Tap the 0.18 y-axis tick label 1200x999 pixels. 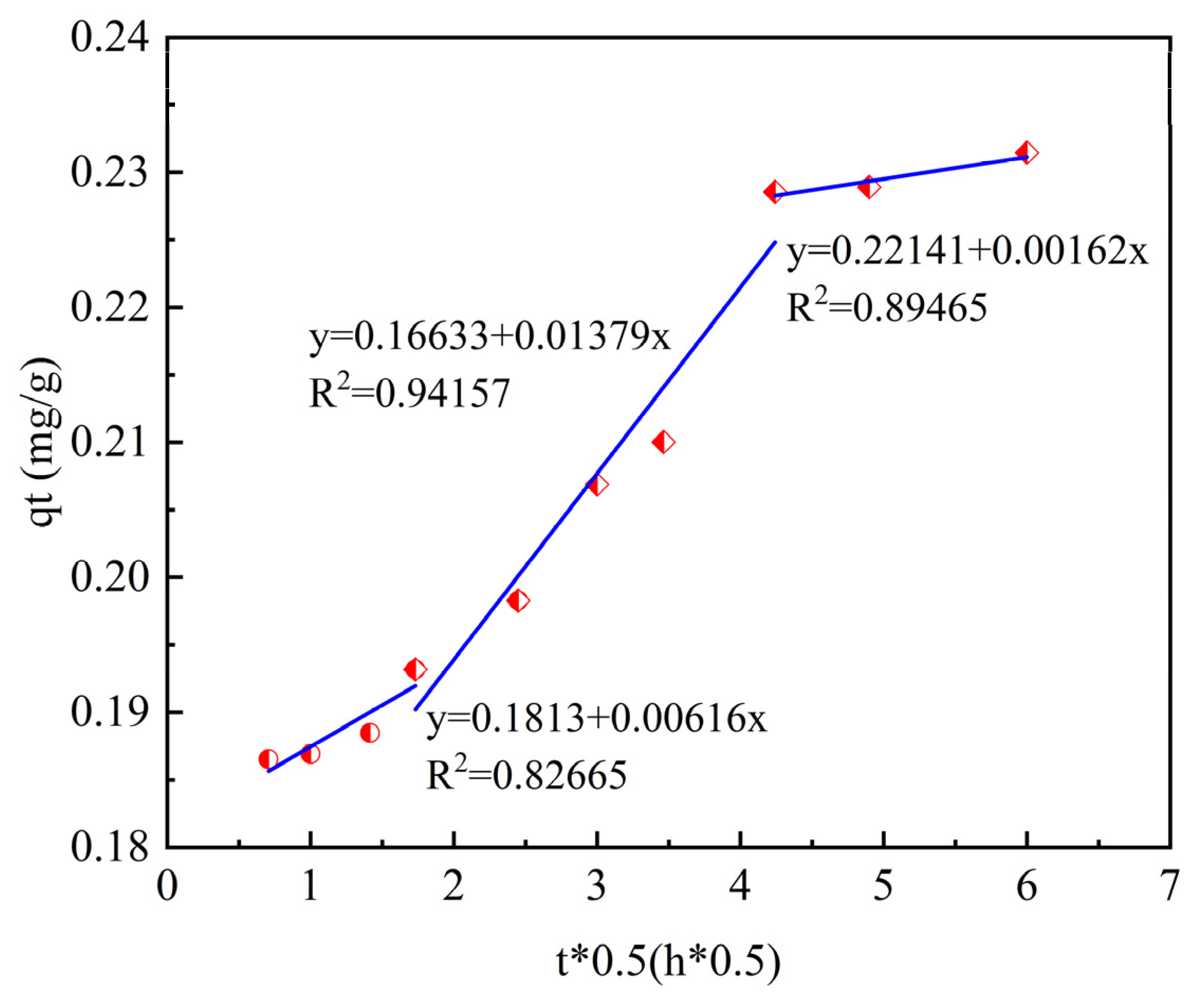(x=110, y=847)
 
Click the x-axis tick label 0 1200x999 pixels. (x=167, y=886)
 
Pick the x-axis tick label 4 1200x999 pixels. (x=740, y=886)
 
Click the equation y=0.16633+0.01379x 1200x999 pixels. (x=490, y=337)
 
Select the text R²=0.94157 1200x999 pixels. (x=409, y=393)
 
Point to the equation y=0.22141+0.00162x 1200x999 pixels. (x=967, y=251)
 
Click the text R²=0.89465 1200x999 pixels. (x=887, y=307)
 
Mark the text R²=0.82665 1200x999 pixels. (x=527, y=774)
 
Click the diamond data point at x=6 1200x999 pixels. (x=1027, y=153)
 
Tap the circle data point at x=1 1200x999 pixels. (x=310, y=754)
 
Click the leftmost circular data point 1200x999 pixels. (x=269, y=759)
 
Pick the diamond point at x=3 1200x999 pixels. (x=597, y=486)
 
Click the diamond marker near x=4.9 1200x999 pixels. (x=869, y=187)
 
